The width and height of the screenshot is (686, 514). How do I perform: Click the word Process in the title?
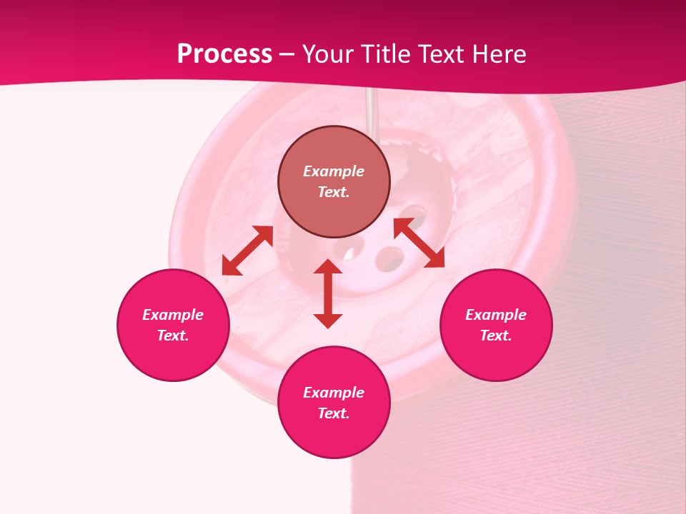(x=224, y=54)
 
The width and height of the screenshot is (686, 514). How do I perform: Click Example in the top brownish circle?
(x=334, y=171)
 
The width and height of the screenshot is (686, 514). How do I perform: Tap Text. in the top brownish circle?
(x=334, y=192)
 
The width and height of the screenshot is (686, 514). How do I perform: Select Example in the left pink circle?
(x=173, y=315)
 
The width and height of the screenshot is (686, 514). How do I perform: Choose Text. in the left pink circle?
(x=173, y=336)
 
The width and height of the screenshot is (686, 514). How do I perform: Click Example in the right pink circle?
(x=496, y=315)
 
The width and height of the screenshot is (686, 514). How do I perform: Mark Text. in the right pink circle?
(x=496, y=336)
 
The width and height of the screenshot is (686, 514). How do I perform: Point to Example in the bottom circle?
(x=334, y=393)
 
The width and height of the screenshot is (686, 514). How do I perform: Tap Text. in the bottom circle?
(x=334, y=413)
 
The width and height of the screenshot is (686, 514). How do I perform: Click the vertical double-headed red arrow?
(x=328, y=293)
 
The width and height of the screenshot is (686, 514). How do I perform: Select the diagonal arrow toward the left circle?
(x=247, y=251)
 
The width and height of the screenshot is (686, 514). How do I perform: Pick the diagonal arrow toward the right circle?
(x=419, y=243)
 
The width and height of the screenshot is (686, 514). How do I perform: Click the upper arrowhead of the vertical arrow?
(x=328, y=266)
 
